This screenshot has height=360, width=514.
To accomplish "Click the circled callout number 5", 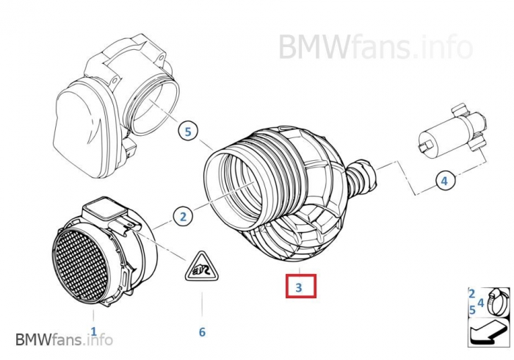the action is coord(188,132).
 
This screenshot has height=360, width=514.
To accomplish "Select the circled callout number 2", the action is coord(184,217).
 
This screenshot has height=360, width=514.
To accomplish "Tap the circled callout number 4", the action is coord(445,180).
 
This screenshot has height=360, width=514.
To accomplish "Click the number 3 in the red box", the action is coord(299,287).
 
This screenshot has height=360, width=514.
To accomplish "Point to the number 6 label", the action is coord(202,332).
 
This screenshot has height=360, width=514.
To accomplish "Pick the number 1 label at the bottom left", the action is coord(94,331).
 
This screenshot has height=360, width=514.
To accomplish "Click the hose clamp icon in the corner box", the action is coord(498,302).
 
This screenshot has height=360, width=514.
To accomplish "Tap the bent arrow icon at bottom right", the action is coord(488,333).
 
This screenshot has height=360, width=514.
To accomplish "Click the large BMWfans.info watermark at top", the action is coord(376,47).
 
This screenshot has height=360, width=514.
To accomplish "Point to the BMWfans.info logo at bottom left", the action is coord(65,339).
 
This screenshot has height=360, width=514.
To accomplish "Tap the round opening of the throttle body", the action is coord(153,107).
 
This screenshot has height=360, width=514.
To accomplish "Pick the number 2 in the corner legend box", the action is coord(471,293).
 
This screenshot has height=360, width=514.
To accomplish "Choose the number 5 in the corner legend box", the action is coord(472,310).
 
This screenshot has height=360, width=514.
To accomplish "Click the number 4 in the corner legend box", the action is coord(480,303).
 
